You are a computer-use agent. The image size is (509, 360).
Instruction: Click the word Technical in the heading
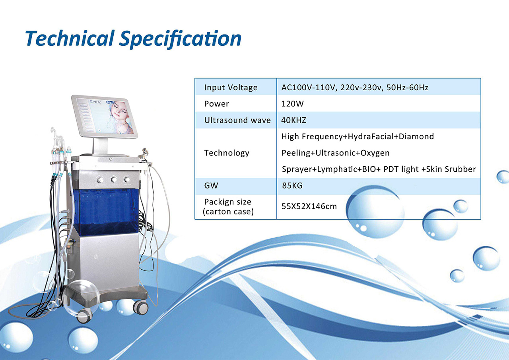pyautogui.click(x=70, y=38)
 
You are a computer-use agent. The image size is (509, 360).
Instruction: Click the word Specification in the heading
pyautogui.click(x=180, y=39)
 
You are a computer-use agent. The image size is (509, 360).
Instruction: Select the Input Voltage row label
pyautogui.click(x=231, y=88)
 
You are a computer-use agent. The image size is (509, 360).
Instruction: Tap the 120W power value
pyautogui.click(x=292, y=104)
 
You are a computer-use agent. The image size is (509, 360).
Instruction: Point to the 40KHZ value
pyautogui.click(x=293, y=120)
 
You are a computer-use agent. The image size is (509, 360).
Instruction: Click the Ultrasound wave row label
pyautogui.click(x=237, y=120)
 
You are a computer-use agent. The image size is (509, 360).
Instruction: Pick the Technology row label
pyautogui.click(x=227, y=153)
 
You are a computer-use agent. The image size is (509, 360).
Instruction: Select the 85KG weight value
pyautogui.click(x=292, y=186)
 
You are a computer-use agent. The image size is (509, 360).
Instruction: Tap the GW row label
pyautogui.click(x=211, y=186)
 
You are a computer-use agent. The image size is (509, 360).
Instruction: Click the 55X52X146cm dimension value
pyautogui.click(x=309, y=206)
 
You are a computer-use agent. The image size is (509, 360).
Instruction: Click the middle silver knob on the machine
pyautogui.click(x=114, y=180)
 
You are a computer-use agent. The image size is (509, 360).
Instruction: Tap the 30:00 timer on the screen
pyautogui.click(x=97, y=103)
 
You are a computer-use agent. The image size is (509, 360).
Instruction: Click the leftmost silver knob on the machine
pyautogui.click(x=100, y=180)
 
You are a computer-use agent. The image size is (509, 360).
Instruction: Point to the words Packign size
pyautogui.click(x=228, y=202)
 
